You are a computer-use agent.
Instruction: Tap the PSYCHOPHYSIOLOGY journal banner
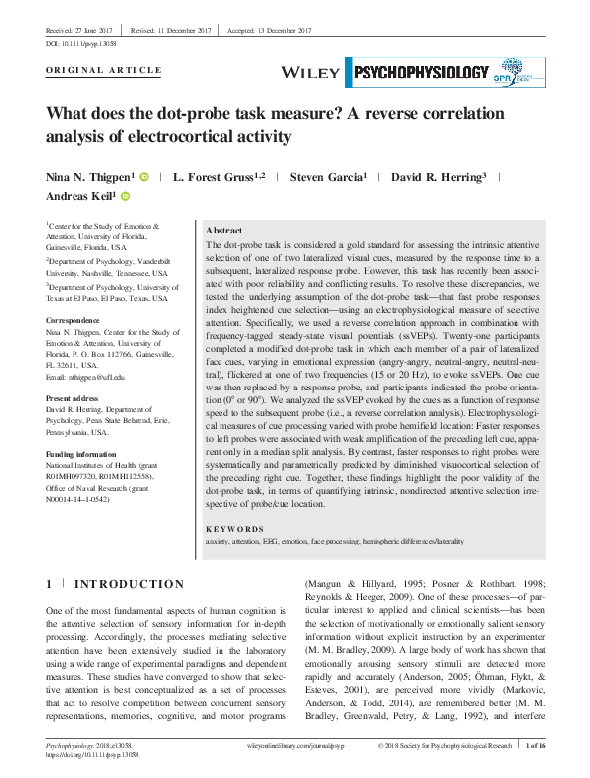(420, 72)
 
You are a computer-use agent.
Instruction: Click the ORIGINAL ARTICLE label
(104, 70)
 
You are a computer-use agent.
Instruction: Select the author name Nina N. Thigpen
(90, 177)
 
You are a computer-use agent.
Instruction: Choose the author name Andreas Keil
(80, 197)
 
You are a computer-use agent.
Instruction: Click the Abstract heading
(224, 230)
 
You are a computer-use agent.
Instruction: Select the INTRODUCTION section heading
(129, 584)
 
